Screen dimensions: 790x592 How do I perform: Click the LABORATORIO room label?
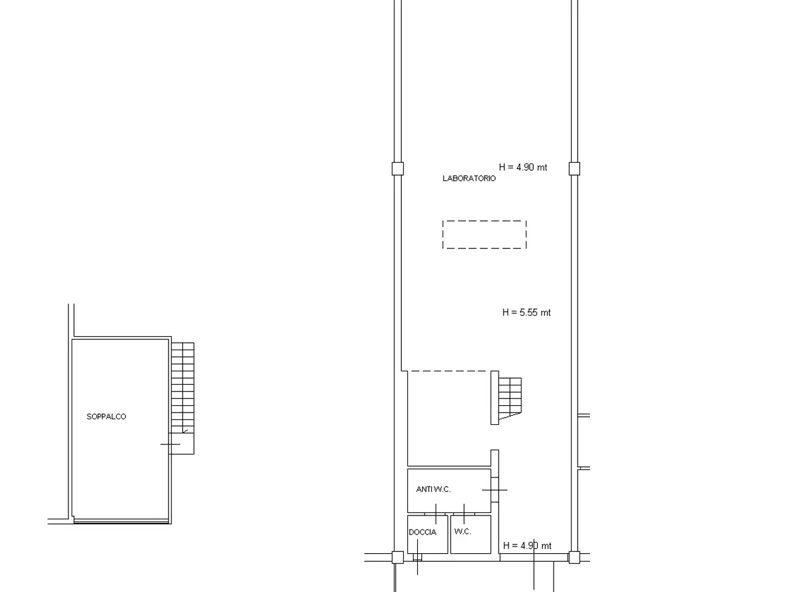469,178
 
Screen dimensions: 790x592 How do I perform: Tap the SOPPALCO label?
106,417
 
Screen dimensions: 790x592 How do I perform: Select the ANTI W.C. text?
433,489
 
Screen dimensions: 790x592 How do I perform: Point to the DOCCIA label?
423,532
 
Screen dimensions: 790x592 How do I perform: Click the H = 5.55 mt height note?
526,313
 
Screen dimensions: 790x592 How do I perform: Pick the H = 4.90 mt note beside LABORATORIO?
523,167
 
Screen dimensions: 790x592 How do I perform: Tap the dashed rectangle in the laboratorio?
484,221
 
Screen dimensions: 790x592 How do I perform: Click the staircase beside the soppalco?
183,387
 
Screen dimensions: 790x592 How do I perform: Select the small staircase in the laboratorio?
510,398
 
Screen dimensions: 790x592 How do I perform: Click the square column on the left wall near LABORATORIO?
397,168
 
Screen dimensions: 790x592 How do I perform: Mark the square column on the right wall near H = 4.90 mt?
575,168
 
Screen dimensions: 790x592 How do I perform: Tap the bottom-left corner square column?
397,557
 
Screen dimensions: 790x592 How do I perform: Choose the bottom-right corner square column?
575,557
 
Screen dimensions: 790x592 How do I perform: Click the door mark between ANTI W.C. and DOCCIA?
436,514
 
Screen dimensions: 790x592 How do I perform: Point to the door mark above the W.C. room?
464,514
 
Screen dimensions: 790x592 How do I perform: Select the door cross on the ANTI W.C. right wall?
495,490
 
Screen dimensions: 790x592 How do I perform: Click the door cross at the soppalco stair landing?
170,444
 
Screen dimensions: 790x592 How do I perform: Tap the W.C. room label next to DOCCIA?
462,532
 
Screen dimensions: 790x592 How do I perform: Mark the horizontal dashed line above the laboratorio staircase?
449,371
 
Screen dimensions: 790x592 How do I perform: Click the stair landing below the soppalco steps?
181,443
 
